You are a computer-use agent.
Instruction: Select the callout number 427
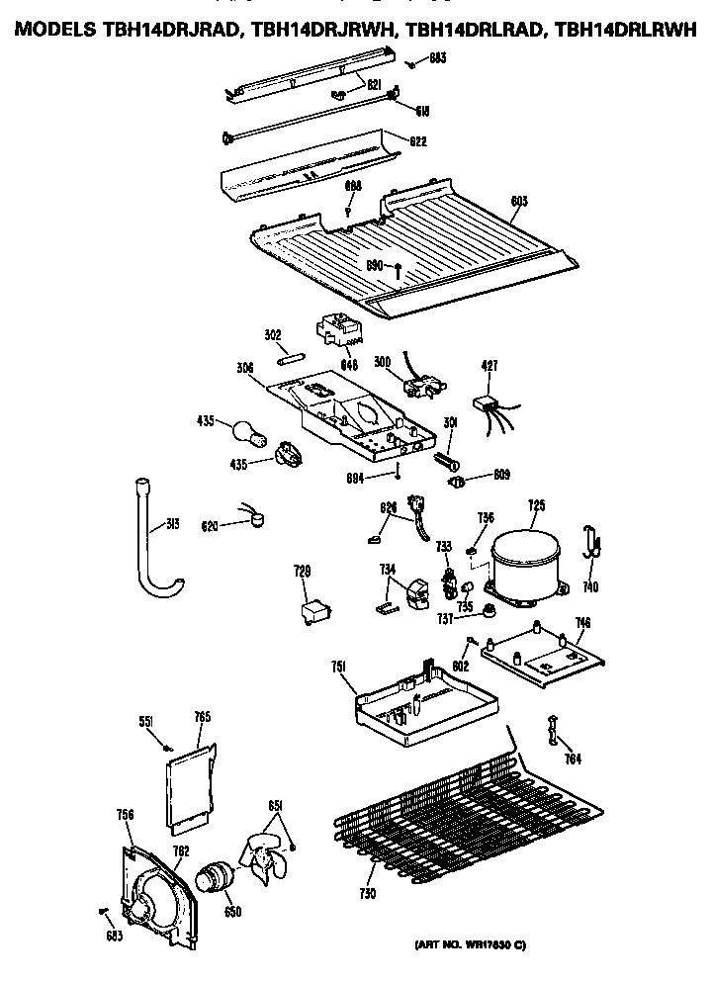point(489,365)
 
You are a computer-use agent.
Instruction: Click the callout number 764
point(572,759)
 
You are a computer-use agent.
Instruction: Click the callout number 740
point(590,586)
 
